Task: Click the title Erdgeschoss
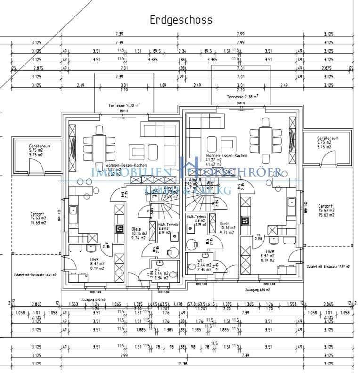click(181, 20)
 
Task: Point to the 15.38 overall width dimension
click(181, 364)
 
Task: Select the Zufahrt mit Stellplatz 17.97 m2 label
click(328, 267)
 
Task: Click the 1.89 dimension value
click(163, 85)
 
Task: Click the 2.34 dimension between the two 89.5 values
click(182, 51)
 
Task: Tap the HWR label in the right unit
click(270, 252)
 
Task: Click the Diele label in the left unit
click(136, 229)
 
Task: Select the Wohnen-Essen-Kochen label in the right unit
click(226, 155)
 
